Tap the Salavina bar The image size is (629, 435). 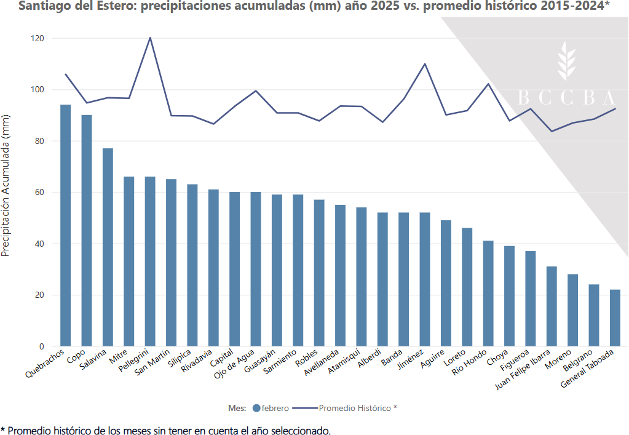(108, 247)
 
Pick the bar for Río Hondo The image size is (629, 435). (488, 293)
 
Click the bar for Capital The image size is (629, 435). (234, 269)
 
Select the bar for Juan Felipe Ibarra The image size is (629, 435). (552, 306)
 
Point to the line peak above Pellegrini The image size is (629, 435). (150, 38)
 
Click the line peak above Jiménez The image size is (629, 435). (425, 63)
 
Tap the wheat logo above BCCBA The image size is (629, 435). (566, 62)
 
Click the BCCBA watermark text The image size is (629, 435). (566, 98)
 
